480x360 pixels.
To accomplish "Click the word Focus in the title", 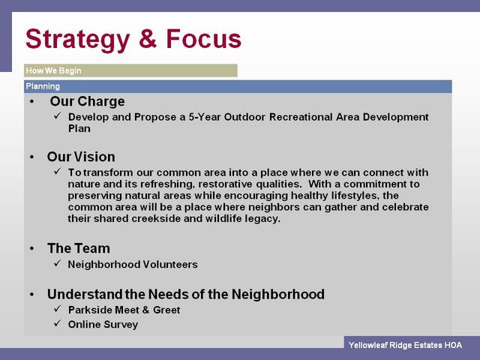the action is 203,39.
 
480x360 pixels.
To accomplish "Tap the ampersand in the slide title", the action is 148,39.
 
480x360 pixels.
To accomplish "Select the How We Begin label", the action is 53,70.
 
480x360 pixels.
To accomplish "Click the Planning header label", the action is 43,86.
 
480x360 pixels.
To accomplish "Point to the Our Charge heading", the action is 87,101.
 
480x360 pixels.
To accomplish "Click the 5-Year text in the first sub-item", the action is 205,117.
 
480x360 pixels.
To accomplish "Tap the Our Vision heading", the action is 81,157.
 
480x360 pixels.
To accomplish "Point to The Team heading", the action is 79,248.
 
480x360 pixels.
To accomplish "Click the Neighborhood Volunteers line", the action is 133,265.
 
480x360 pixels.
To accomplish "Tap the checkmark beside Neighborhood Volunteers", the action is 58,263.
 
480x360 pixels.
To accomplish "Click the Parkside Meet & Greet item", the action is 124,310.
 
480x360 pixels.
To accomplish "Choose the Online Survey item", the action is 103,325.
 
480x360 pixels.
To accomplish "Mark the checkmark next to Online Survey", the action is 58,323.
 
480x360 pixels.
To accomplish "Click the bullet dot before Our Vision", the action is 32,157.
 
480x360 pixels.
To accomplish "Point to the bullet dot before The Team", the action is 32,248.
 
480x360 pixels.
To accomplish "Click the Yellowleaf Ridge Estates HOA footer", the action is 405,345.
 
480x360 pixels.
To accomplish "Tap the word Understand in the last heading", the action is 85,294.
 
